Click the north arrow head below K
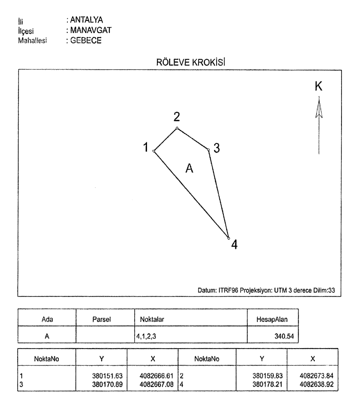pos(319,107)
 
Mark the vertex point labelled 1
pos(154,151)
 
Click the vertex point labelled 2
pos(177,128)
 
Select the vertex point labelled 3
pos(208,149)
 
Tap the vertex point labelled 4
pos(228,238)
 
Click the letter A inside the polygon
pos(190,168)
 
